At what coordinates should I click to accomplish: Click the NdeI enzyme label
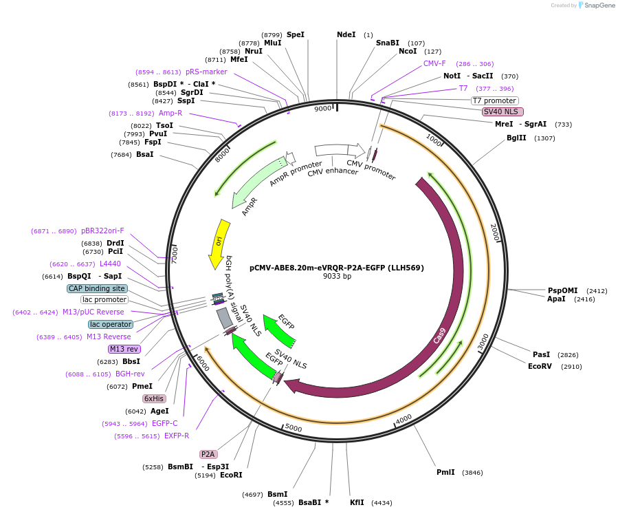346,34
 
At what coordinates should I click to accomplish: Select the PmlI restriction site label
445,472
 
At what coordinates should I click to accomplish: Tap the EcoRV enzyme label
540,366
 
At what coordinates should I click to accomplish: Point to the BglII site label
516,138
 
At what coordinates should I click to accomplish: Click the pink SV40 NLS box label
503,111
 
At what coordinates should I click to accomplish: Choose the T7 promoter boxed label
494,100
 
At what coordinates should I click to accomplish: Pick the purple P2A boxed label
208,454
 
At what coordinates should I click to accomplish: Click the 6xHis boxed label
154,398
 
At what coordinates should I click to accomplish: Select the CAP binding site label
97,288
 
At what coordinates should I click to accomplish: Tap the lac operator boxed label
110,324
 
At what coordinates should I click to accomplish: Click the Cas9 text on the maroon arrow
440,335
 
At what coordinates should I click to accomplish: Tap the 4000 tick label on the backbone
404,418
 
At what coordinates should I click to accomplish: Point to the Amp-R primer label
170,113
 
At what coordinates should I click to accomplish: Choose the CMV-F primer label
434,63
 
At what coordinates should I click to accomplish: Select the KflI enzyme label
357,502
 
